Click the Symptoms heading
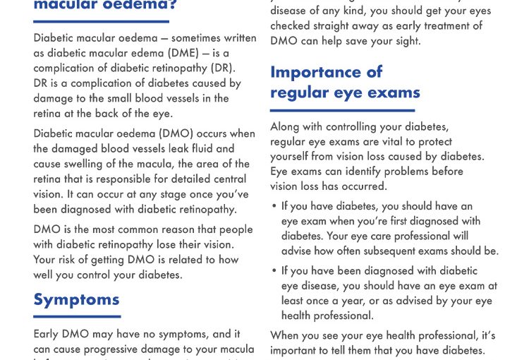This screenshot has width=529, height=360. [x=76, y=299]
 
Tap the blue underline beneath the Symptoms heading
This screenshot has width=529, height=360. [x=77, y=316]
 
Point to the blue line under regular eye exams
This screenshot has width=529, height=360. [x=342, y=110]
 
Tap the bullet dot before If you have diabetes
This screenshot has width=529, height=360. [x=274, y=207]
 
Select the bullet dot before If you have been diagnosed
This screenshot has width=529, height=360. [x=274, y=271]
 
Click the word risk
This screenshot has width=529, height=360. [x=70, y=260]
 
